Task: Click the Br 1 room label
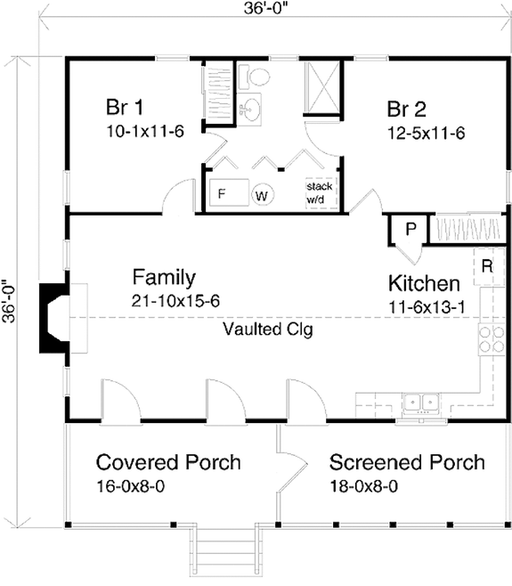tap(125, 107)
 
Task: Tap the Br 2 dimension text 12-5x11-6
tap(426, 134)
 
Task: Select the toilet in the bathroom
tap(255, 77)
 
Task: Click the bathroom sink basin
tap(249, 109)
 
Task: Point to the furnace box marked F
tap(229, 192)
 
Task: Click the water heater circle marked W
tap(263, 195)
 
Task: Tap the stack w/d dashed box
tap(321, 193)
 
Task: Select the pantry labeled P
tap(409, 229)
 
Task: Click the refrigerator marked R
tap(489, 267)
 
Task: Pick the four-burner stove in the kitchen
tap(492, 339)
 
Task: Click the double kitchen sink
tap(421, 403)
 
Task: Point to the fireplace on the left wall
tap(55, 318)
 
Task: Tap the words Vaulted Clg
tap(268, 330)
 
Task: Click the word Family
tap(164, 278)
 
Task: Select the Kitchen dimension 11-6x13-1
tap(427, 307)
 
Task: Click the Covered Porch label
tap(168, 462)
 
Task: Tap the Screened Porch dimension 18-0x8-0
tap(363, 486)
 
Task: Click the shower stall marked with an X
tap(322, 86)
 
